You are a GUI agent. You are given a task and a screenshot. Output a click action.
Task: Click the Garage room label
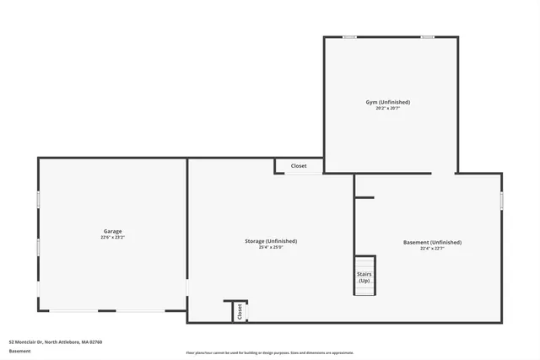point(113,231)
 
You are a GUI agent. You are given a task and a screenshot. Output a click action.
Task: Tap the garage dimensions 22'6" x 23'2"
point(113,238)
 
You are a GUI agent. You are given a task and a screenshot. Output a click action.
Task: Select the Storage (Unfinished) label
point(270,241)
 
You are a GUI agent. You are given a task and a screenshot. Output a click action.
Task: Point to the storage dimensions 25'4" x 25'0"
point(270,248)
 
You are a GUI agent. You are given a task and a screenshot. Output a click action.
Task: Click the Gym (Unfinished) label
point(388,102)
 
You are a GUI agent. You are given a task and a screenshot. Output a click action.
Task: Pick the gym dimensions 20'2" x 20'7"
point(388,109)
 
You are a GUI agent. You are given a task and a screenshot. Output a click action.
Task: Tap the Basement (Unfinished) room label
point(432,242)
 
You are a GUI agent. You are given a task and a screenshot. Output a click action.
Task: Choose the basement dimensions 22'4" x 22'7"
point(432,249)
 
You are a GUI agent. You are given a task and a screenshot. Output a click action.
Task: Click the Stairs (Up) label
point(364,277)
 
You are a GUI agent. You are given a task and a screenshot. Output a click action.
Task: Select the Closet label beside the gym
point(299,166)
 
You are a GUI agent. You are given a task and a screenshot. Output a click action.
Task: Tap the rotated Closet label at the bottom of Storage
point(240,311)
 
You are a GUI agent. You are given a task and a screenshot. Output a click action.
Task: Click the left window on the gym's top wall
point(349,36)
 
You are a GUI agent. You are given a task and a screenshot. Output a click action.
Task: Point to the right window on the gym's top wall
point(428,36)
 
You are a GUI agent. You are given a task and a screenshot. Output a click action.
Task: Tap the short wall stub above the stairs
point(364,198)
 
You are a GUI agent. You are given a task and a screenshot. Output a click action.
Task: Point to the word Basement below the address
point(19,351)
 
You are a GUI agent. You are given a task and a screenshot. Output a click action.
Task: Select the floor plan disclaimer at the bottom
point(270,352)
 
